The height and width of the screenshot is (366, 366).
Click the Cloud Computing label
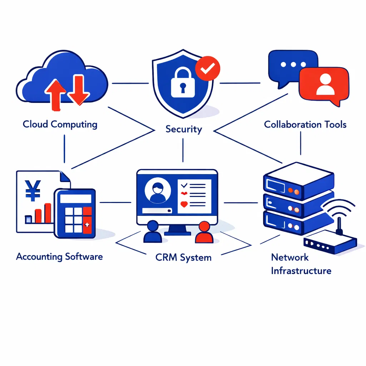(x=60, y=124)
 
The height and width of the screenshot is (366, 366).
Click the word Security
(x=184, y=129)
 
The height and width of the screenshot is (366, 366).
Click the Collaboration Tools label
(x=305, y=124)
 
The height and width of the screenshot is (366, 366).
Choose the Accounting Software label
(x=59, y=256)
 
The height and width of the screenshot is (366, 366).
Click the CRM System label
(x=183, y=257)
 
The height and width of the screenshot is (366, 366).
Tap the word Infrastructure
(x=301, y=271)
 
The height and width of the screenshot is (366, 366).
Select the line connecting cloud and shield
(x=130, y=83)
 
